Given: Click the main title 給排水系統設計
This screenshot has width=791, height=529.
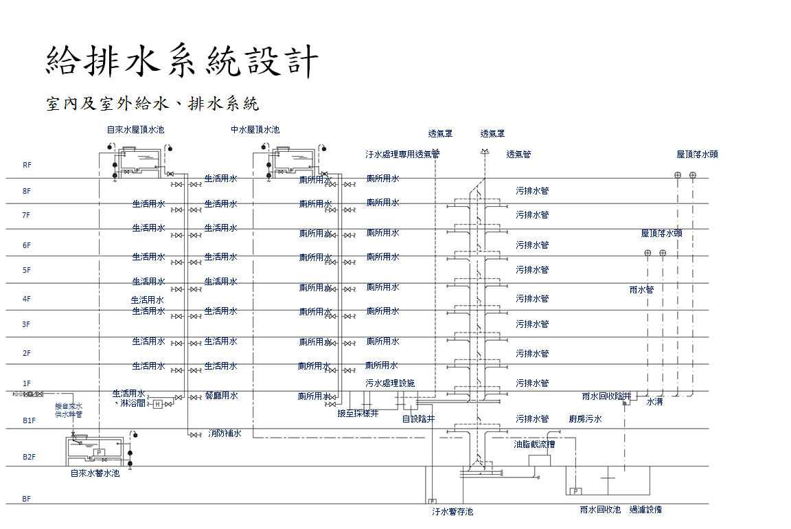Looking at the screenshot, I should click(183, 61).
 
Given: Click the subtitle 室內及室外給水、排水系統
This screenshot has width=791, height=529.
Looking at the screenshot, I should click(152, 104).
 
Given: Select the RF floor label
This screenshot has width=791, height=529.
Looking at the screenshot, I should click(27, 165).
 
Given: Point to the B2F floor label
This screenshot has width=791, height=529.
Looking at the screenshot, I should click(29, 457).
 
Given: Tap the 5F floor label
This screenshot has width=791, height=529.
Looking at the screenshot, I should click(27, 270).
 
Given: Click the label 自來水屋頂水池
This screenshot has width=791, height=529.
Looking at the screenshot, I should click(135, 129).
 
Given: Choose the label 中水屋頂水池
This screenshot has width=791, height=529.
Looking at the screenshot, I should click(255, 129).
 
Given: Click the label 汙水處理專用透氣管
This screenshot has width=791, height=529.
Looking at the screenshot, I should click(402, 155).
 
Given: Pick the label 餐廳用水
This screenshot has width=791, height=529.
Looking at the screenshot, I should click(221, 396).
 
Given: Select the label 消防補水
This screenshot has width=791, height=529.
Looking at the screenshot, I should click(225, 434).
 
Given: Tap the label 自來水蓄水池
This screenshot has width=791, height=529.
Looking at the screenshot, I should click(95, 473).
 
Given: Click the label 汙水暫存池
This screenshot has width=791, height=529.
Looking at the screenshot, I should click(452, 512).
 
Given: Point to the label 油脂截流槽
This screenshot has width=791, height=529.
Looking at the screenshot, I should click(534, 444).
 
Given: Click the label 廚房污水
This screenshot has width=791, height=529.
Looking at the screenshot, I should click(585, 418).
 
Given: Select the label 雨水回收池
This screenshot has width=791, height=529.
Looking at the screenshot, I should click(600, 510).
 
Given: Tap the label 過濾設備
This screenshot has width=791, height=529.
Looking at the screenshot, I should click(645, 510).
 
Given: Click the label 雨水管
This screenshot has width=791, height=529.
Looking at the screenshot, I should click(641, 289).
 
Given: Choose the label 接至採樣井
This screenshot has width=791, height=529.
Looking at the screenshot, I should click(358, 414).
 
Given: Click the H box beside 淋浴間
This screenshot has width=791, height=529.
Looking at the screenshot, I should click(157, 404).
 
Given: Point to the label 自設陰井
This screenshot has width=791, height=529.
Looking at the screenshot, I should click(418, 418).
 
